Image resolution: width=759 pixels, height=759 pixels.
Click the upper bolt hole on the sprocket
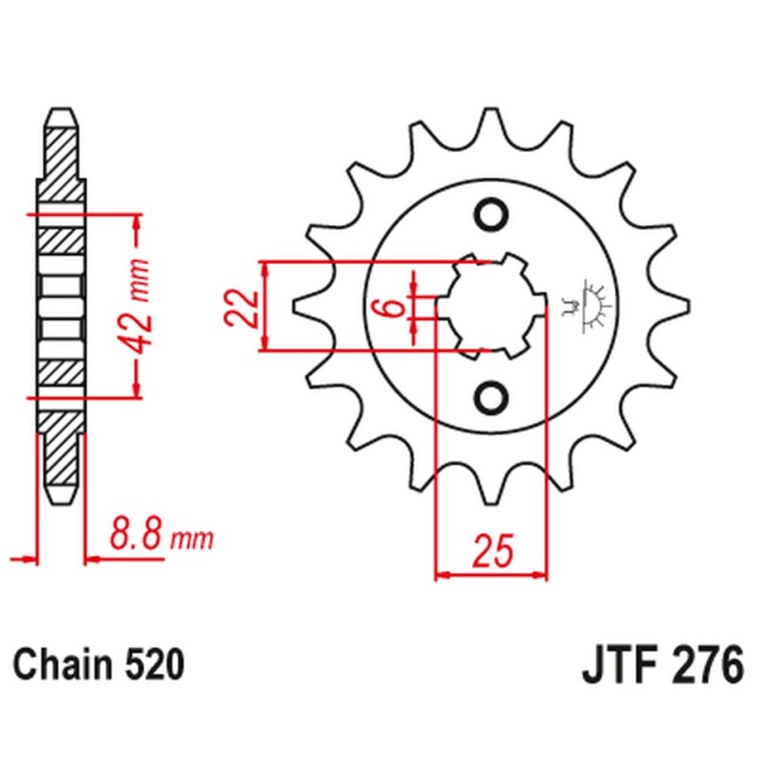[491, 215]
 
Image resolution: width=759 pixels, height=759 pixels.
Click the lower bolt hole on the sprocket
[491, 398]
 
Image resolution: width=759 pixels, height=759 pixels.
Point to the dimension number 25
[492, 549]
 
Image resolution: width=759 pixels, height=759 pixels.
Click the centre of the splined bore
[491, 305]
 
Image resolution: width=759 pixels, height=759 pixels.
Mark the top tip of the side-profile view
[60, 108]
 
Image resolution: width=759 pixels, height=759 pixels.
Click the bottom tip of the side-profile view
[60, 503]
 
